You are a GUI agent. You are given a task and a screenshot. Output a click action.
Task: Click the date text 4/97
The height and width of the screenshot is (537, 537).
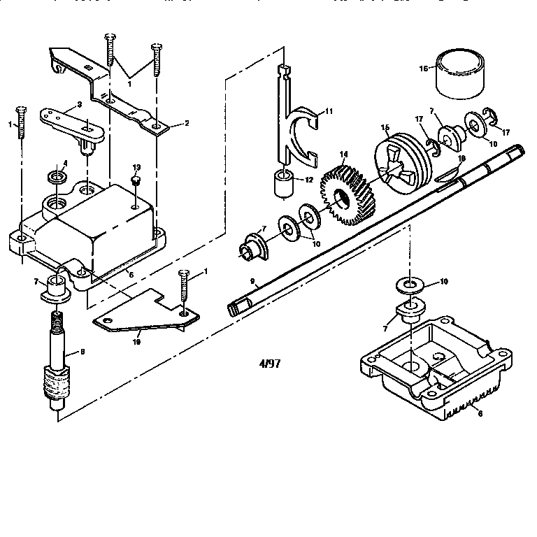tap(268, 363)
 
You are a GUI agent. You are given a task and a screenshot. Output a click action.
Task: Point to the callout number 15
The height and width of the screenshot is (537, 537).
tap(385, 128)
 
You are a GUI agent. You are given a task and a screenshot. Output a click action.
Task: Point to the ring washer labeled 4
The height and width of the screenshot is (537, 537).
tap(56, 176)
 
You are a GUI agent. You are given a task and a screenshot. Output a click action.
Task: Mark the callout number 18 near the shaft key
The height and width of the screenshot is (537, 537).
tap(461, 159)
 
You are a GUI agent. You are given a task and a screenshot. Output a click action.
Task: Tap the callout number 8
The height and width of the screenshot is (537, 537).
tap(83, 352)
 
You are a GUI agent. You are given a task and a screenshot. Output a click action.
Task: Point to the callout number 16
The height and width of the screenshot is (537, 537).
tap(422, 69)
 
